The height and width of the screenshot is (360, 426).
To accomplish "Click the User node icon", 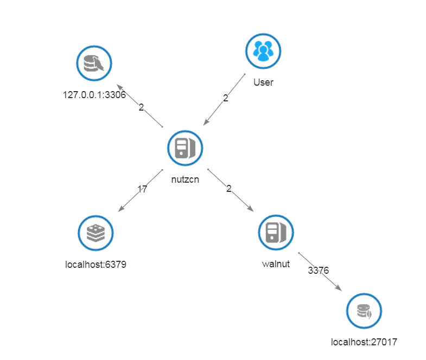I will (x=263, y=52).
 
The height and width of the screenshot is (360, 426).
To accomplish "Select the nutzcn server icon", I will (x=185, y=147).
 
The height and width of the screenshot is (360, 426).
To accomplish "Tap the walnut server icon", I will (x=276, y=232).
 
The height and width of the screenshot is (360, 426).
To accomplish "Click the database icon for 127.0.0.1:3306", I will (x=94, y=63).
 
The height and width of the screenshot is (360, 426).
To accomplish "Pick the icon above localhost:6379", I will (x=96, y=233).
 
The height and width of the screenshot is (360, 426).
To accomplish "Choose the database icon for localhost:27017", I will (x=364, y=312).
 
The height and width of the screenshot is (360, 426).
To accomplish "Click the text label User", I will (x=263, y=83).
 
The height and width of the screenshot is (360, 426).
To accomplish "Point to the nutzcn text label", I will (x=185, y=179).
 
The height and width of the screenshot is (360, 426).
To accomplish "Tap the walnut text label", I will (x=276, y=264).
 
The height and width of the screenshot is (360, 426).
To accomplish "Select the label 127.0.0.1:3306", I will (x=94, y=95).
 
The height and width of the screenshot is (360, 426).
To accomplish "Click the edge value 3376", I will (x=319, y=269).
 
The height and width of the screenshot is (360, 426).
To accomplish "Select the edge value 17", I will (x=142, y=189).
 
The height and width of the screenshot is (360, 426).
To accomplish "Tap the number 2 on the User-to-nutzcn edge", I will (x=226, y=98).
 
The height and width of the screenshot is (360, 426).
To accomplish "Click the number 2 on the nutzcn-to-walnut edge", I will (x=228, y=189).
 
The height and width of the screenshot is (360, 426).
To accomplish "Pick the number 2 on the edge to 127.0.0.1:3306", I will (x=141, y=107).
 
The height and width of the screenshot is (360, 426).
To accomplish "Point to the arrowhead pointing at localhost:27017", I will (x=339, y=288).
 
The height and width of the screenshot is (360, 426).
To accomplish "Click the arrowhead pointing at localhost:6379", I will (x=120, y=209).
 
